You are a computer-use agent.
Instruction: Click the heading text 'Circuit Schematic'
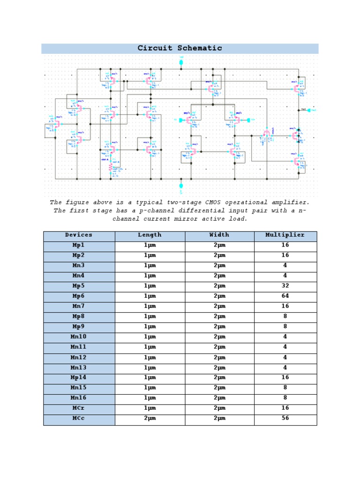[180, 48]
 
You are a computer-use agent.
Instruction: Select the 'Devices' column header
[79, 235]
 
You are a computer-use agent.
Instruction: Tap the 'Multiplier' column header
[285, 235]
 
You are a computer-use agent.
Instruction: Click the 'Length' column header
[150, 235]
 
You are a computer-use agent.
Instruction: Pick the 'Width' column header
[219, 235]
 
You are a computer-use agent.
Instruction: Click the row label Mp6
[79, 296]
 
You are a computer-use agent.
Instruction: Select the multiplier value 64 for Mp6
[285, 296]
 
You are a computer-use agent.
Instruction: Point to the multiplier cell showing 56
[285, 419]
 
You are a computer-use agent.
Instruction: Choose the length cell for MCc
[150, 419]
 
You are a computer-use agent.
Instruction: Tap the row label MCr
[79, 408]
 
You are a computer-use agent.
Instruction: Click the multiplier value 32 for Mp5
[285, 286]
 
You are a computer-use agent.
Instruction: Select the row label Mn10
[79, 337]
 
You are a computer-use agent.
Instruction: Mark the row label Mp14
[79, 378]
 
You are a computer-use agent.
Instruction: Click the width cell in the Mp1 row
[219, 245]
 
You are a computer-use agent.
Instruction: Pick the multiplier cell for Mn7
[285, 307]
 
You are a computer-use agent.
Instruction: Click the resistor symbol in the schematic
[111, 167]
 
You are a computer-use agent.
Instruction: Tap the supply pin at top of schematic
[181, 62]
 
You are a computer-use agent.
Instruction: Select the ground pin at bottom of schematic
[181, 186]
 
